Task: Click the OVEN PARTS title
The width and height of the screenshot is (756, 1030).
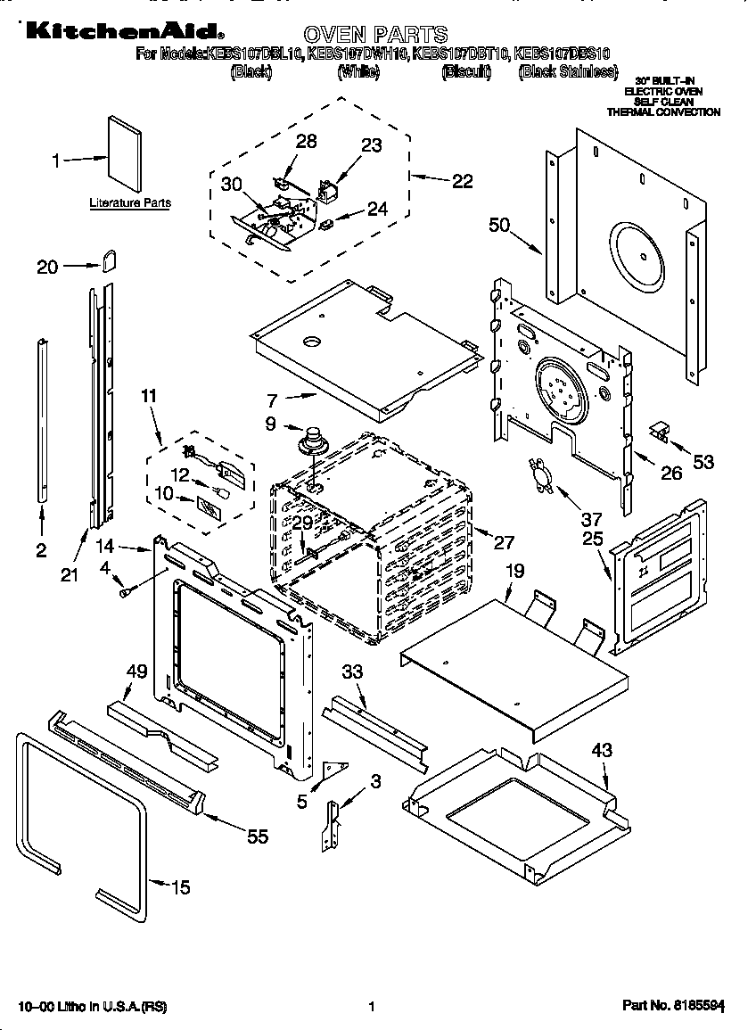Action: [x=375, y=35]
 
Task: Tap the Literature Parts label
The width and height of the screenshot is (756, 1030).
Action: [x=129, y=203]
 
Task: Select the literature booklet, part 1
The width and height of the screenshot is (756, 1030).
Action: [x=124, y=154]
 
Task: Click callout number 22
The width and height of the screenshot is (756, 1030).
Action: [x=462, y=181]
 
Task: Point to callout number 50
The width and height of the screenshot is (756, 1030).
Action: [x=500, y=225]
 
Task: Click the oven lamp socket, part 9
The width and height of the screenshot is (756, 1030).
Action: [x=311, y=441]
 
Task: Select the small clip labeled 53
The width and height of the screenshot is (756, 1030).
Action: [x=660, y=431]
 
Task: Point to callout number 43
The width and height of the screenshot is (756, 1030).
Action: [x=602, y=750]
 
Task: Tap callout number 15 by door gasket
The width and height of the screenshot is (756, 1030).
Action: [x=180, y=886]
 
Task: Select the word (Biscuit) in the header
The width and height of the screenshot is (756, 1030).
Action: [x=465, y=73]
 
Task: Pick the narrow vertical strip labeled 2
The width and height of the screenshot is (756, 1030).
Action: [x=42, y=419]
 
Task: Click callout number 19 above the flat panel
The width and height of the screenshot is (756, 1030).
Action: [x=514, y=569]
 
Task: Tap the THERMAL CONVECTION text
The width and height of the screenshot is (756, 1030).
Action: [x=663, y=112]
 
